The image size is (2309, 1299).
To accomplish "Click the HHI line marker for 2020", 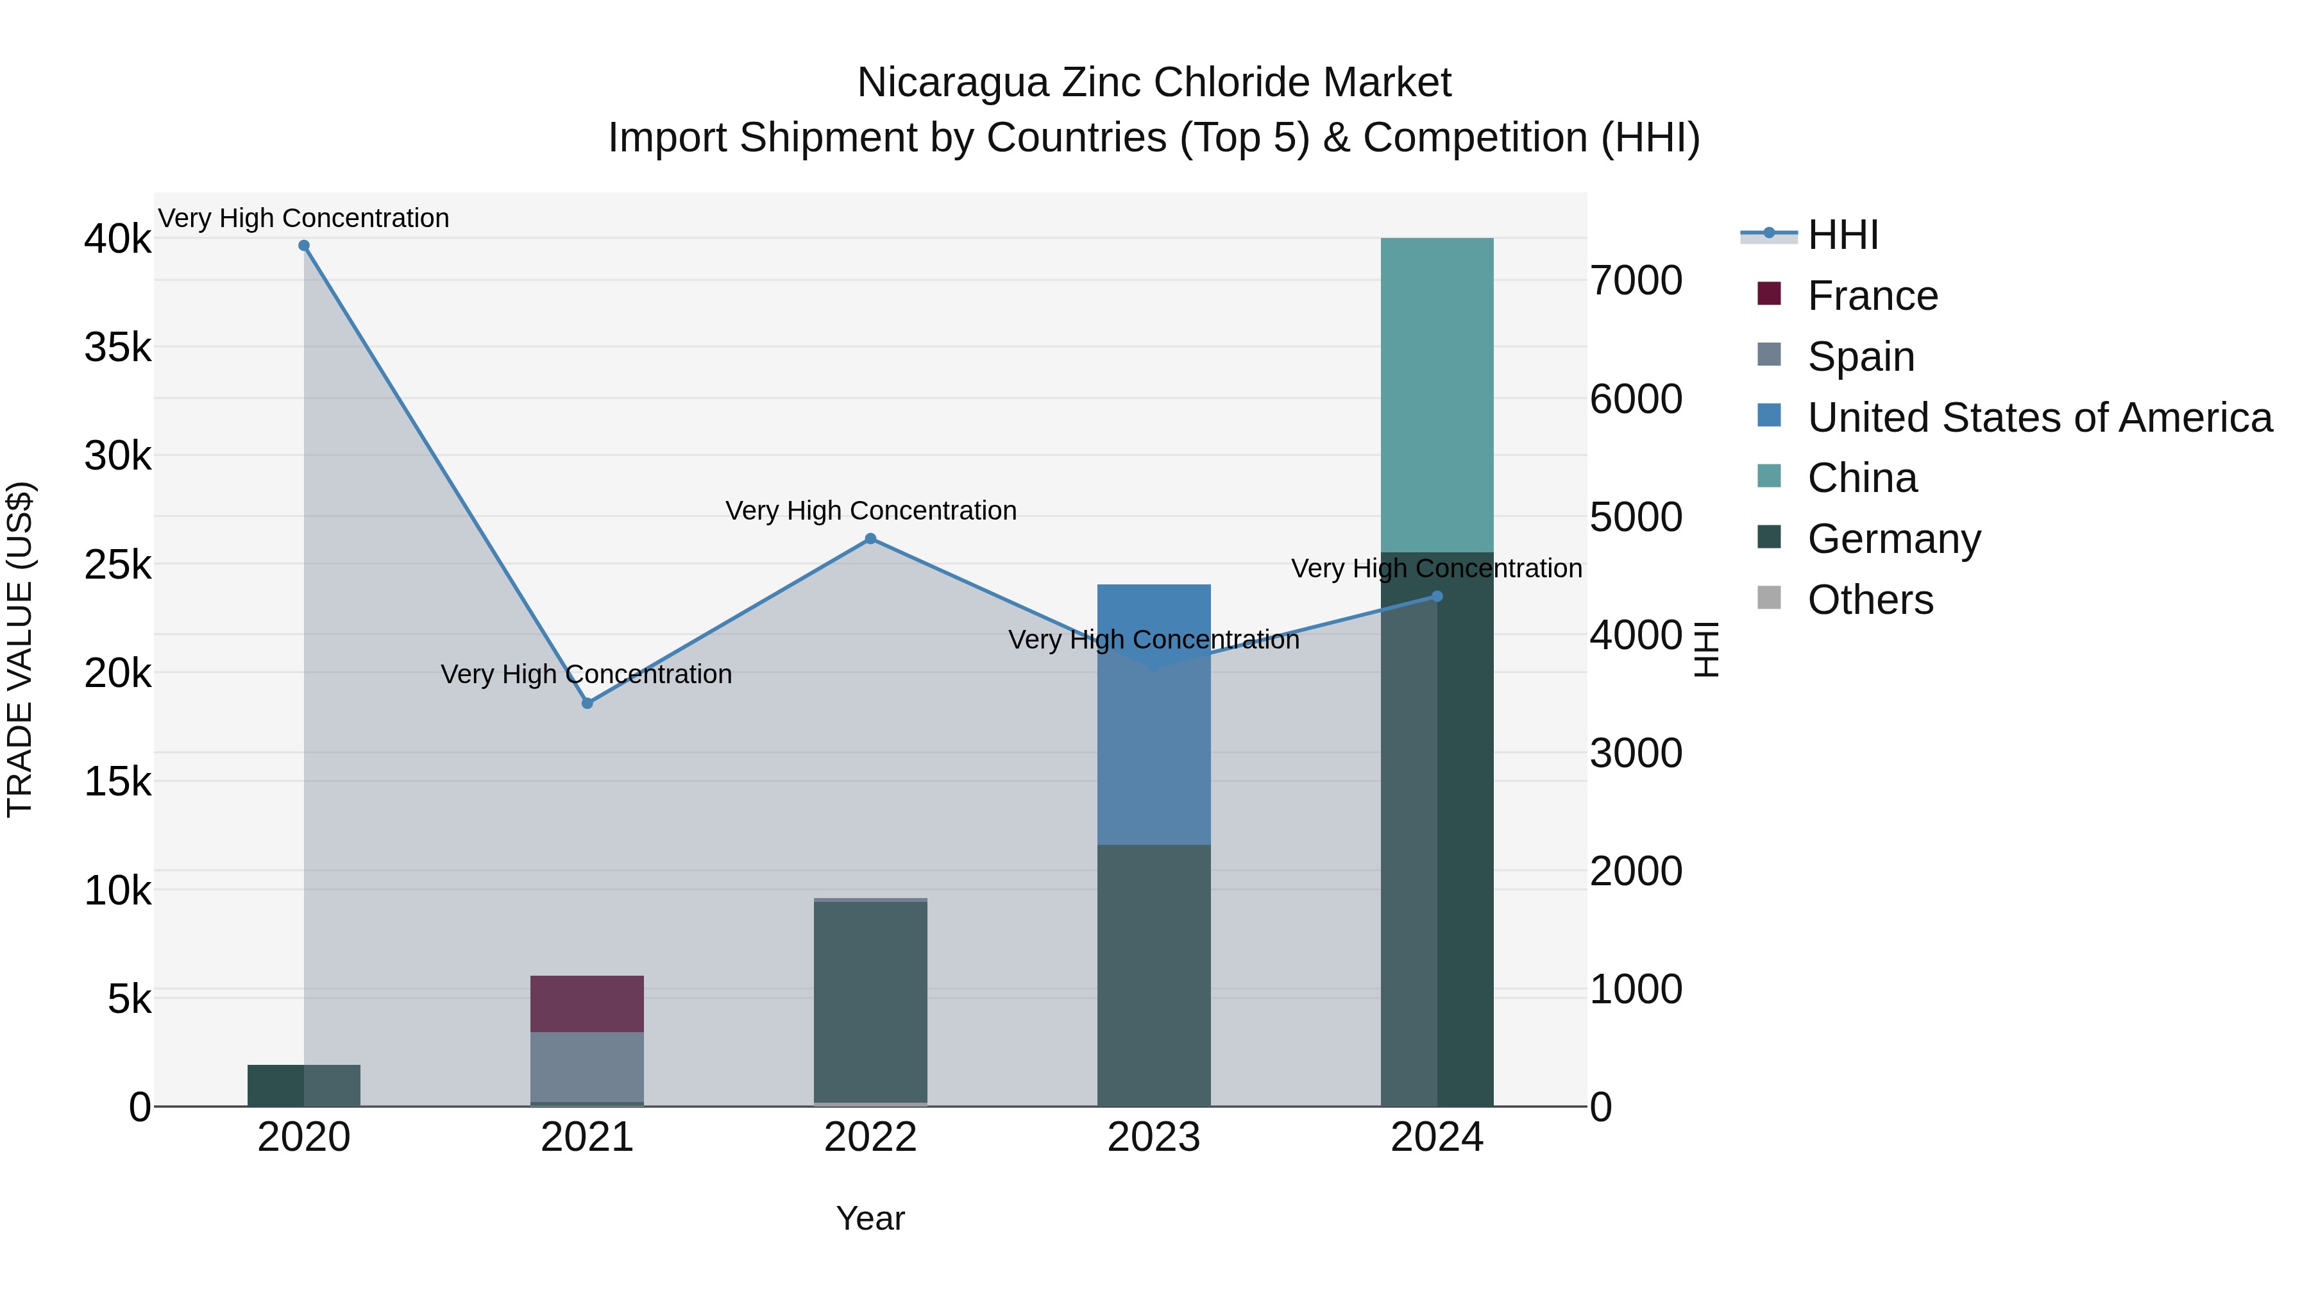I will pyautogui.click(x=304, y=246).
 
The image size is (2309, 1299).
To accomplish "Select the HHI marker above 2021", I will pyautogui.click(x=587, y=704).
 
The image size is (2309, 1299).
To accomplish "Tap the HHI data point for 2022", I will pyautogui.click(x=870, y=539).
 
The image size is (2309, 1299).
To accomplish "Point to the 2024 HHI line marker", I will pyautogui.click(x=1437, y=596).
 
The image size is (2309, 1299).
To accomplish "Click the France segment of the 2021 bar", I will pyautogui.click(x=587, y=1003).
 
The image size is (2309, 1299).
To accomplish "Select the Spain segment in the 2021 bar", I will pyautogui.click(x=587, y=1066).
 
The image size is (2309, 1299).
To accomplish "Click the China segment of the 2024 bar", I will pyautogui.click(x=1437, y=395).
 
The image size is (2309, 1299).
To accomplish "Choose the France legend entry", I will pyautogui.click(x=1872, y=296).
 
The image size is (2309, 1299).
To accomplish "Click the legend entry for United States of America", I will pyautogui.click(x=2039, y=418).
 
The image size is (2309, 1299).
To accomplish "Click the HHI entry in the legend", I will pyautogui.click(x=1842, y=235).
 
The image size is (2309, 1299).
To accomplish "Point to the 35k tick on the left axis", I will pyautogui.click(x=117, y=348).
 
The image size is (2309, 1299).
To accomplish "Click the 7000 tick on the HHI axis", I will pyautogui.click(x=1636, y=280).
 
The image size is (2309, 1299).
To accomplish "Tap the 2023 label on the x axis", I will pyautogui.click(x=1154, y=1137).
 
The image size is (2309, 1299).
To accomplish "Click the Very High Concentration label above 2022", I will pyautogui.click(x=870, y=511).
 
